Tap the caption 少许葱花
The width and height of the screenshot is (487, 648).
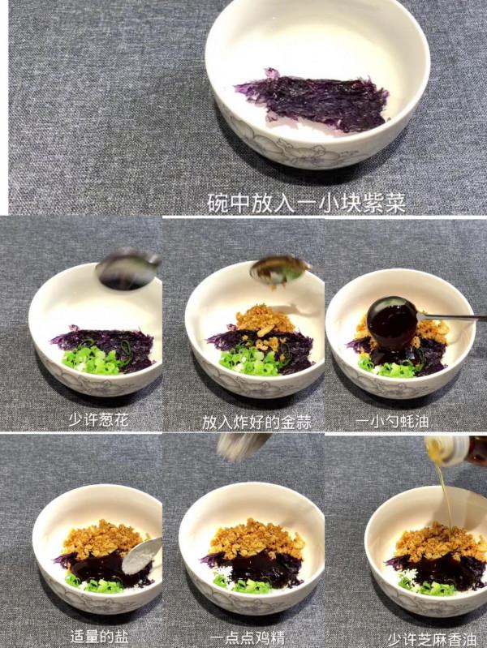tap(100, 420)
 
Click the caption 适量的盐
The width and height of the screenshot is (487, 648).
tap(98, 636)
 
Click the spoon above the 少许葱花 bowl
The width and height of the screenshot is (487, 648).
tap(127, 269)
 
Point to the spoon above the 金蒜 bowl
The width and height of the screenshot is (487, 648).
tap(277, 269)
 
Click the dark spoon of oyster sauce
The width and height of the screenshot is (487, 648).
tap(392, 322)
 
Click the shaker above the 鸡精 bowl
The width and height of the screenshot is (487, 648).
tap(243, 445)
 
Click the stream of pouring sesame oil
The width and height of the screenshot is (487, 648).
tap(446, 495)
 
